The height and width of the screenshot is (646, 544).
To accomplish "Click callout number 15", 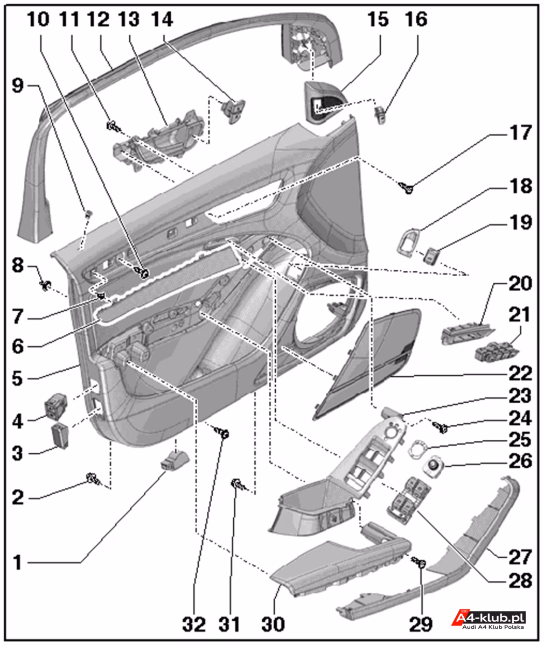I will pos(378,20).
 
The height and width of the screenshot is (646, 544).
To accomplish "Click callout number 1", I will pos(18,563).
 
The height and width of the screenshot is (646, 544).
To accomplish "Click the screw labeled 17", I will pos(407,188).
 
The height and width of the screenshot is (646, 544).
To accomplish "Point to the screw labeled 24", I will pos(443,427).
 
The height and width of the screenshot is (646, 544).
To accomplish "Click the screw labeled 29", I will pos(421,564).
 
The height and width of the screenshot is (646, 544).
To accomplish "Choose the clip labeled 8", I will pos(44,282).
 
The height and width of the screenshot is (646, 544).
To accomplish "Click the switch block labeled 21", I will pos(497,352).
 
